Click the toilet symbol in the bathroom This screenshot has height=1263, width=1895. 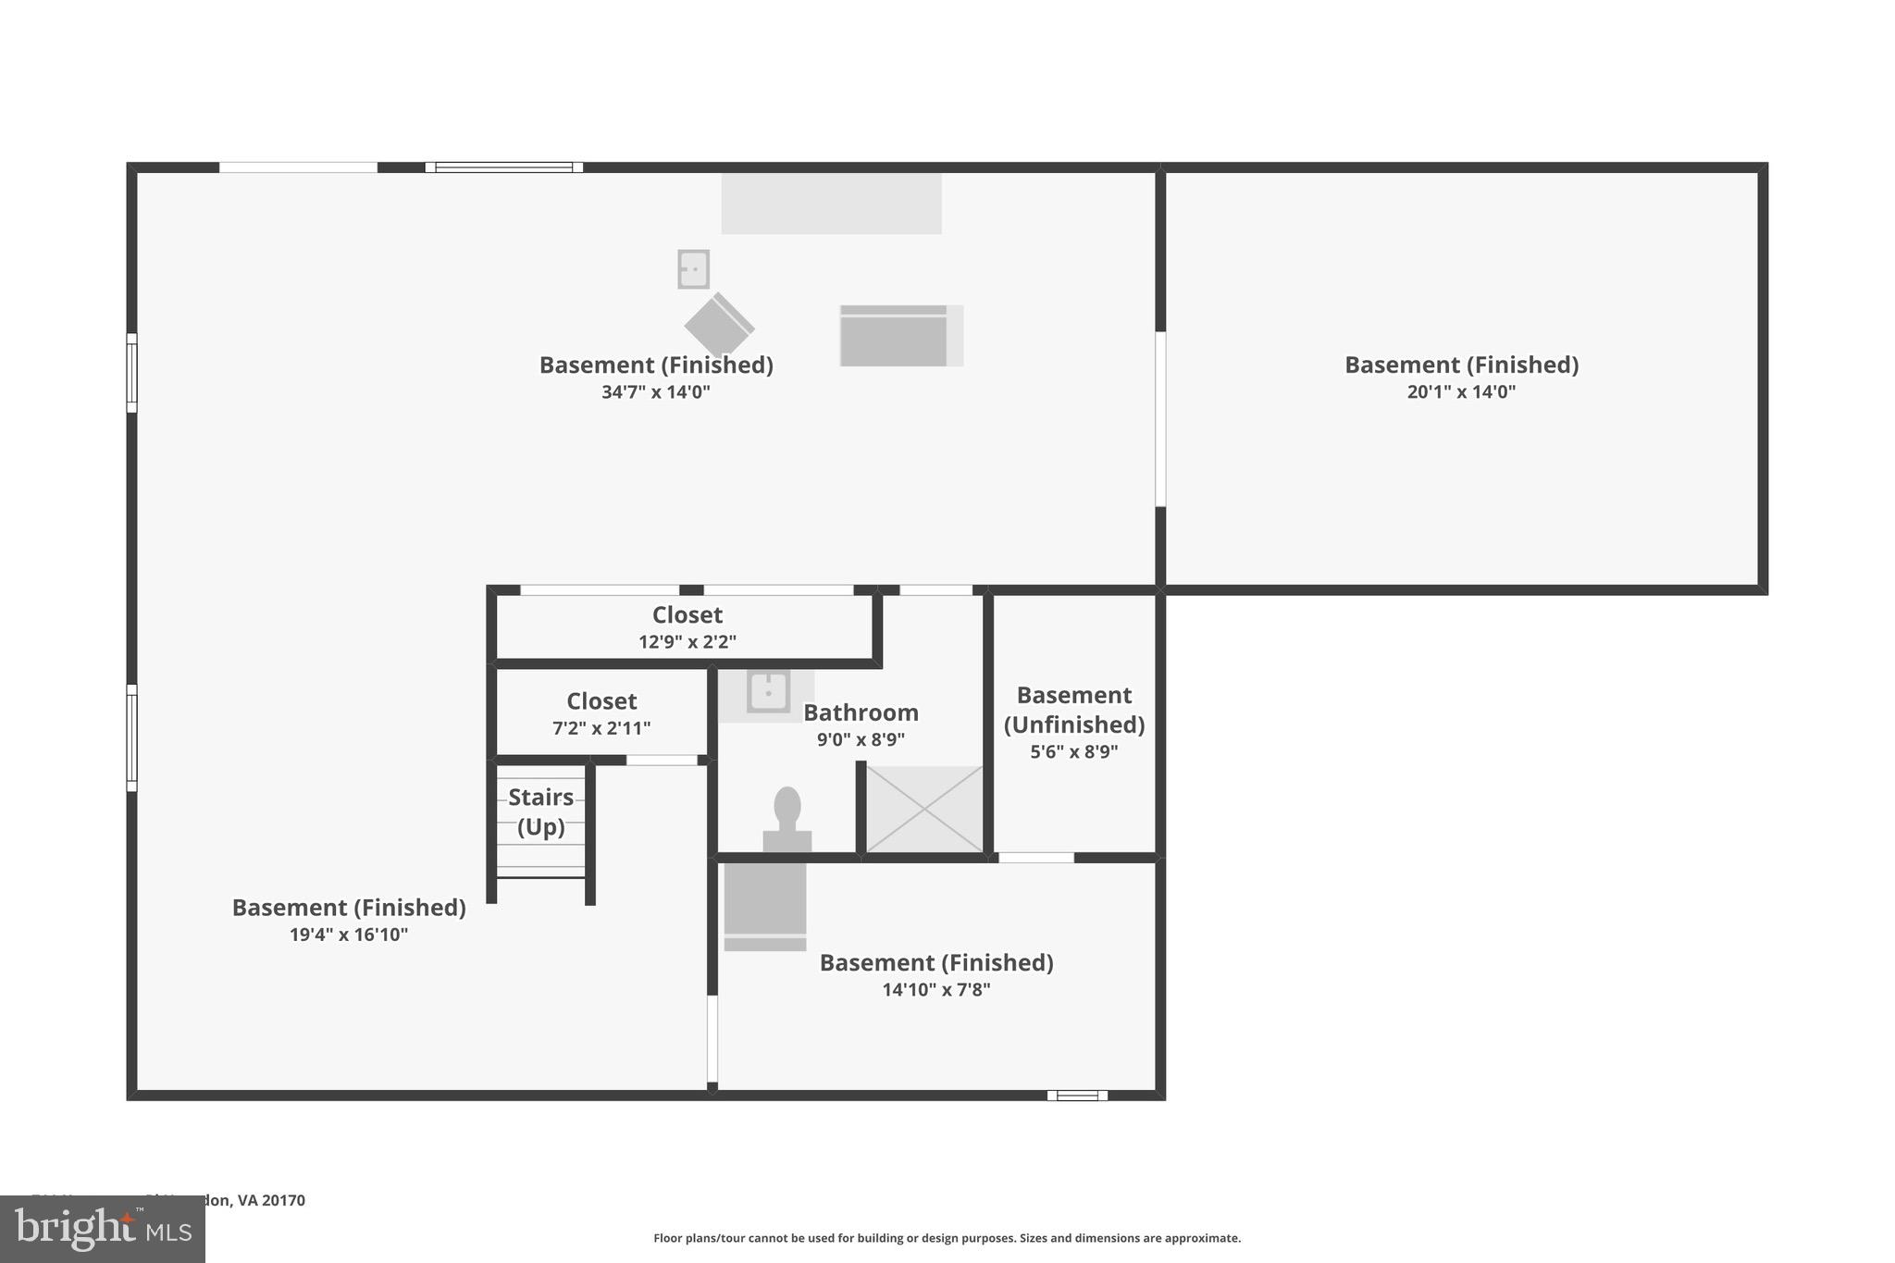click(786, 819)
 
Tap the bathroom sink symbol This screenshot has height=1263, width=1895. click(768, 691)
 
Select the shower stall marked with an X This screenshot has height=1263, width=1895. click(923, 809)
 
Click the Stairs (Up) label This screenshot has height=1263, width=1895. click(540, 811)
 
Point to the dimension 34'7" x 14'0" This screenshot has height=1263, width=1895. click(655, 391)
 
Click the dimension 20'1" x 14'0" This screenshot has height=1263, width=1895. click(1461, 391)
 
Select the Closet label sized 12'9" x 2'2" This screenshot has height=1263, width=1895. click(687, 615)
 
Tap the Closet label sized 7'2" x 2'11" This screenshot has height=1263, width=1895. click(601, 701)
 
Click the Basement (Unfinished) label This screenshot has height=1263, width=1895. click(1073, 710)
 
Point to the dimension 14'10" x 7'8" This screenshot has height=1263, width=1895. click(935, 989)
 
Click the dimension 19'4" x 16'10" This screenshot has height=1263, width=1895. click(348, 935)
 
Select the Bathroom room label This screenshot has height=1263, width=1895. click(861, 712)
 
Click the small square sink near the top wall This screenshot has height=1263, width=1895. click(693, 269)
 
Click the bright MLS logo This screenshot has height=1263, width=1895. click(103, 1229)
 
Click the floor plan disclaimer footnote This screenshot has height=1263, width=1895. click(947, 1238)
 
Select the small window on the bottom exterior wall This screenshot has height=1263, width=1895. click(1077, 1096)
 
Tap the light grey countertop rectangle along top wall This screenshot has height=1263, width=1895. click(831, 204)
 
